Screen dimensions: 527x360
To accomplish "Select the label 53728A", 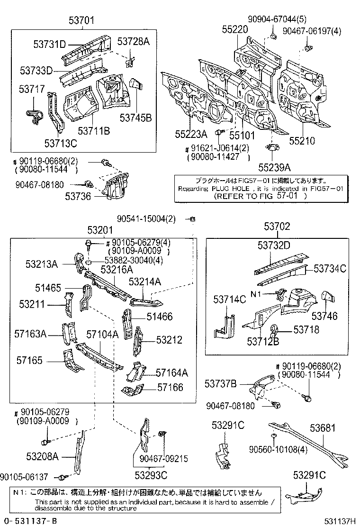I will [134, 42].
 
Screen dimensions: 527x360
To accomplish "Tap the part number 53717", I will [32, 89].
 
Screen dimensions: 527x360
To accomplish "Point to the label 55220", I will [235, 29].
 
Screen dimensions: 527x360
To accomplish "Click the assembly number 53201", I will [100, 230].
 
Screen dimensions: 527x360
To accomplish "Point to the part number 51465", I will [48, 287].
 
